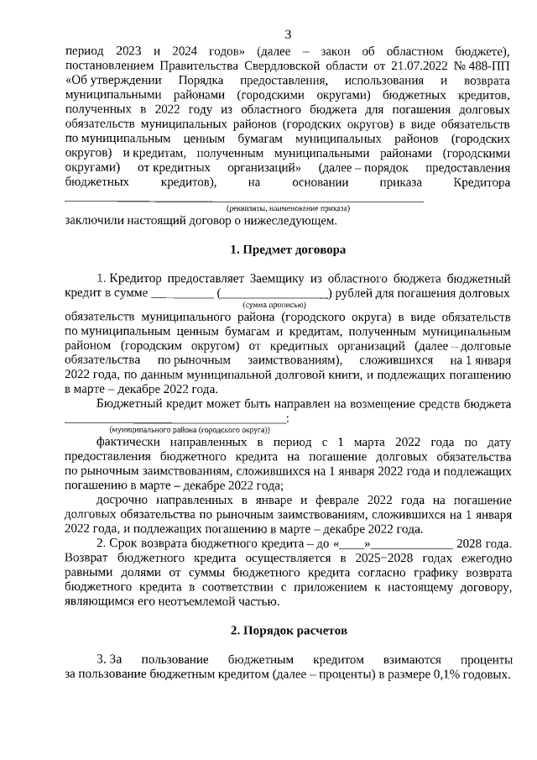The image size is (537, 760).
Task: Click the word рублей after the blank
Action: coord(357,293)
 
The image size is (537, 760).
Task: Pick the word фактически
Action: coord(133,440)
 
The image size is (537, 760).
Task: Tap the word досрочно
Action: coord(125,498)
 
